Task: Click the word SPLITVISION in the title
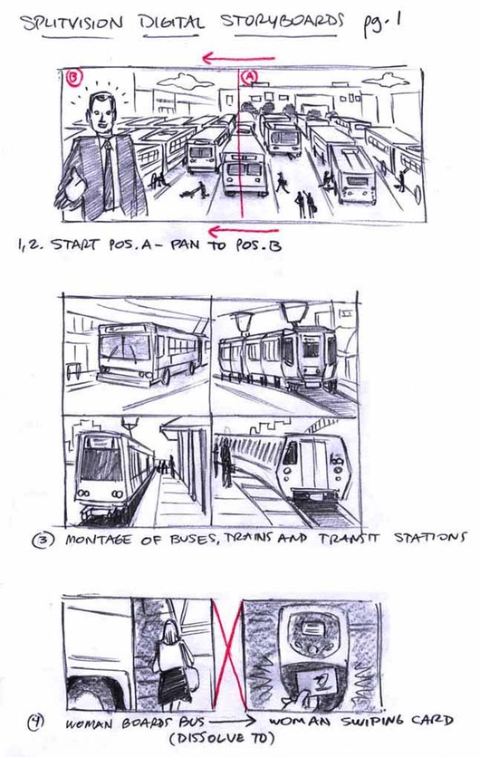(x=72, y=24)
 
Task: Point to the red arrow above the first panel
(x=238, y=59)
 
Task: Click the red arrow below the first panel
(x=244, y=231)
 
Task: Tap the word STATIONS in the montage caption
(x=430, y=537)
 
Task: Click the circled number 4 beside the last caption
(x=38, y=722)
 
